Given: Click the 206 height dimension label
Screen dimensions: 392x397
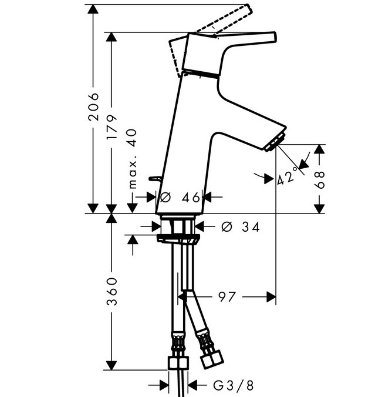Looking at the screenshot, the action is coord(93,106).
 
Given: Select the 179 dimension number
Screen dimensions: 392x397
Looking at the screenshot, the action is coord(111,127).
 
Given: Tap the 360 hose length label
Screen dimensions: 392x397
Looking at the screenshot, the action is coord(111,292).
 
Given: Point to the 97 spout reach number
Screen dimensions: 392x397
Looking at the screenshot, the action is coord(227,297).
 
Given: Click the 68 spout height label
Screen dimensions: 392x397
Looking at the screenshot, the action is coord(319,180).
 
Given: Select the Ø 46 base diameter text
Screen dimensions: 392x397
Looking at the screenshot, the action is coord(180,197).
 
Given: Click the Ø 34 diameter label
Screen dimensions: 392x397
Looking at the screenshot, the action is coord(240,227).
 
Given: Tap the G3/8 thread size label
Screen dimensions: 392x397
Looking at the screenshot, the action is coord(233,386).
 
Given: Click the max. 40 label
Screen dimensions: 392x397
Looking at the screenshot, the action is coord(133,159).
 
